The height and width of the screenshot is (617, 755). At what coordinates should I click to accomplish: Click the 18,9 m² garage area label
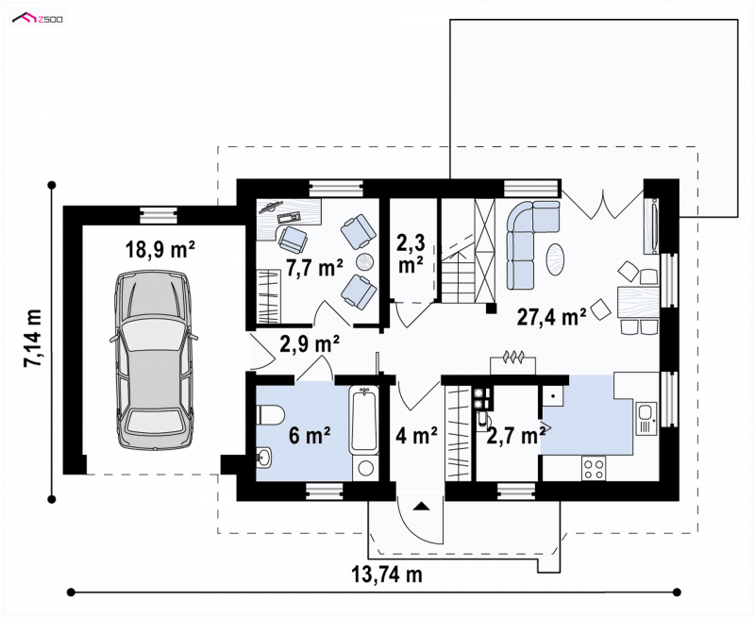tap(160, 250)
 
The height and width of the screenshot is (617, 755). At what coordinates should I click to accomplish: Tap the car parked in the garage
tap(154, 360)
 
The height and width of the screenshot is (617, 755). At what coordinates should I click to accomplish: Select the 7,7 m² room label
tap(315, 268)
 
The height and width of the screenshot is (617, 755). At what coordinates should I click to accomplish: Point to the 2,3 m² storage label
tap(411, 254)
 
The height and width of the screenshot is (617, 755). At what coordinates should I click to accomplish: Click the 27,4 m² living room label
tap(552, 317)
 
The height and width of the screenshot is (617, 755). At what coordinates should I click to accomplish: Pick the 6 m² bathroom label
tap(310, 436)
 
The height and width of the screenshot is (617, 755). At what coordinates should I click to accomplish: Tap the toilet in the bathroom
tap(270, 415)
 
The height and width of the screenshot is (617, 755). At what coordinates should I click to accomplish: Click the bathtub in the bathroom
tap(364, 420)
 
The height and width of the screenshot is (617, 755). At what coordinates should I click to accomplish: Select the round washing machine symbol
tap(366, 468)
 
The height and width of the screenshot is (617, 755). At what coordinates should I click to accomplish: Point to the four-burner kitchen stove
tap(594, 468)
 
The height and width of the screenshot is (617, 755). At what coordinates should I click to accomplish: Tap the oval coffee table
tap(555, 258)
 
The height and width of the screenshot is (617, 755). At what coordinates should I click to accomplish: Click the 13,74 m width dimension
tap(387, 575)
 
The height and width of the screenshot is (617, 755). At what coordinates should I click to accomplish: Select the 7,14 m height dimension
tap(33, 339)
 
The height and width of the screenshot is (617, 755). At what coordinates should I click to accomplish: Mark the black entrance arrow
tap(422, 506)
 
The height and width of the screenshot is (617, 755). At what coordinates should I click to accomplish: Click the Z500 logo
tap(38, 19)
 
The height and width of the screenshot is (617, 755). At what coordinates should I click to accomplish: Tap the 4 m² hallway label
tap(416, 435)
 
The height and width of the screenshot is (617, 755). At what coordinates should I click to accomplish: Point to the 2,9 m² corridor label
tap(310, 343)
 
